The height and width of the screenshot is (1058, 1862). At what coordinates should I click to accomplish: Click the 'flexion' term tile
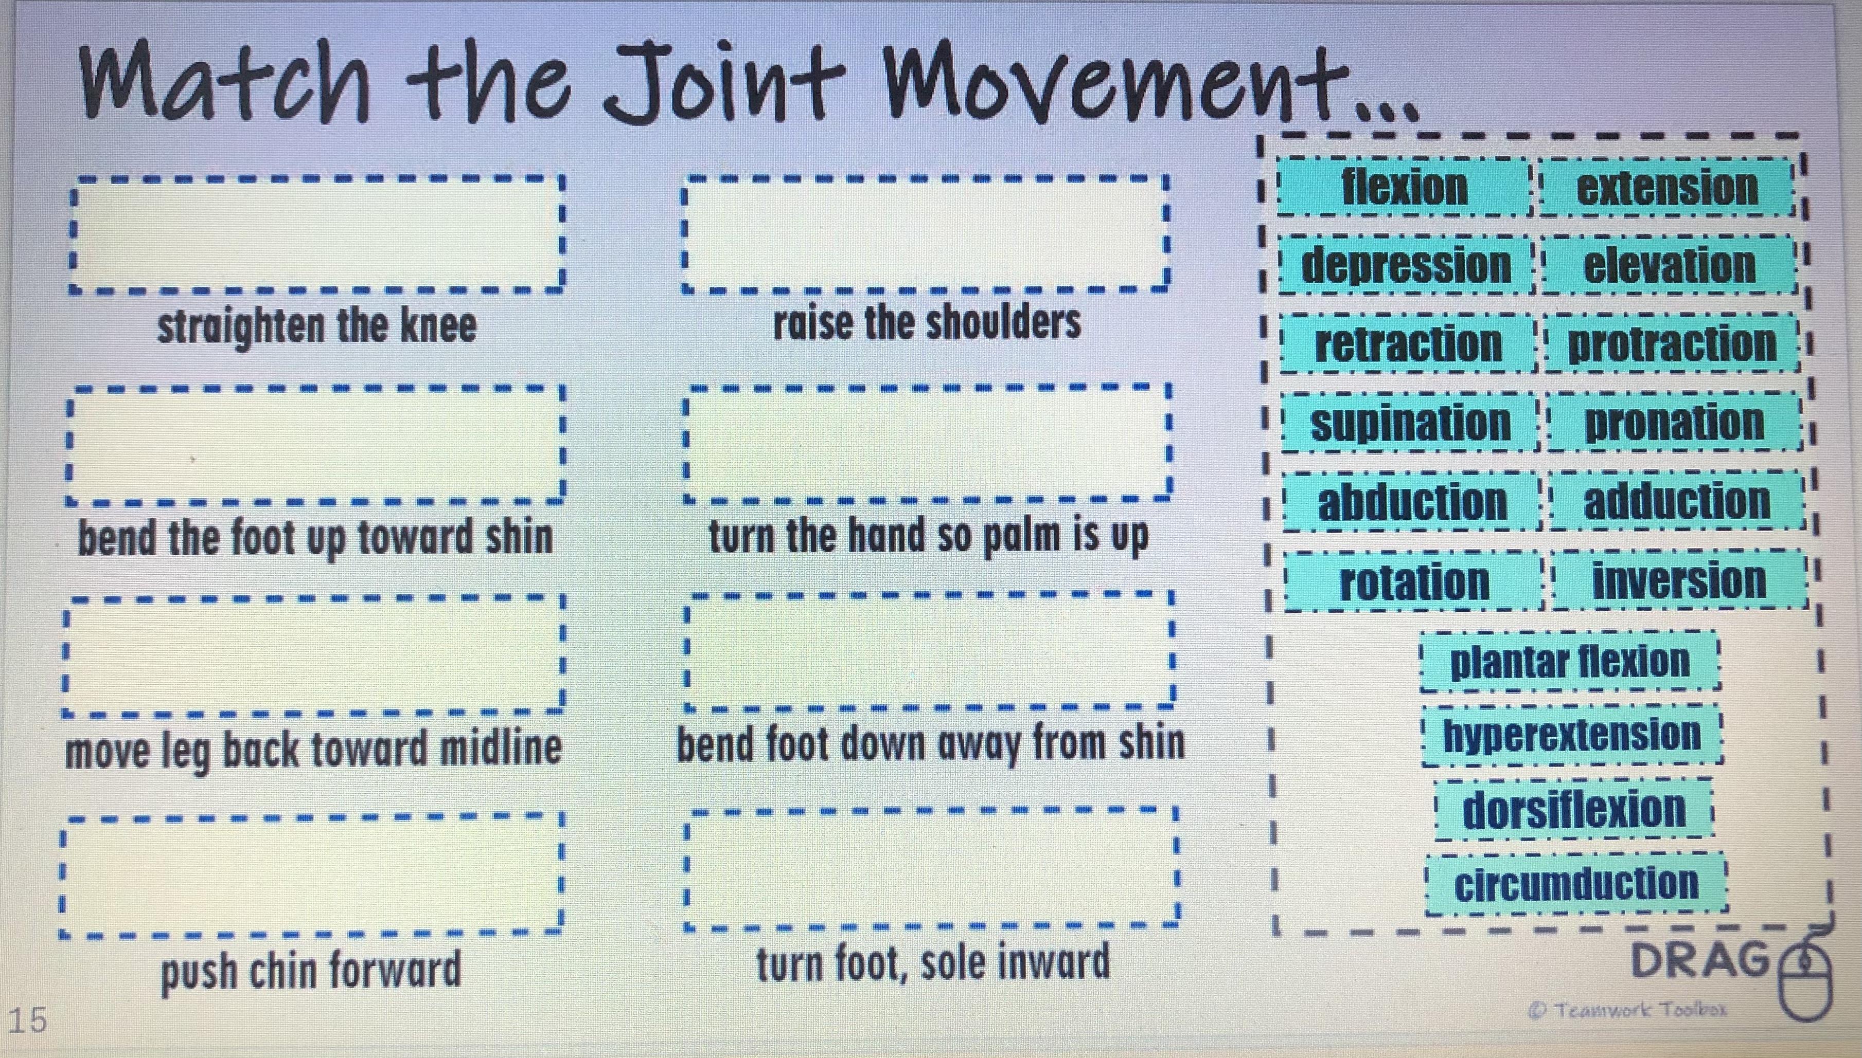[x=1404, y=188]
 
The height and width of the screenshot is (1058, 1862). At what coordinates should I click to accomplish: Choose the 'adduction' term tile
[x=1676, y=501]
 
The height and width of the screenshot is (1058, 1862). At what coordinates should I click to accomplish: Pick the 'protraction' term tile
[x=1672, y=344]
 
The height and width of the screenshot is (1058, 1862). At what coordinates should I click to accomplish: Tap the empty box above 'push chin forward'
[x=313, y=874]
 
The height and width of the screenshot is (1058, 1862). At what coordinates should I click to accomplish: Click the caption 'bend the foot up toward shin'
[x=315, y=538]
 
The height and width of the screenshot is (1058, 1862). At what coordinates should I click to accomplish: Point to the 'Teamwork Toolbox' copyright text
[x=1628, y=1009]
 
